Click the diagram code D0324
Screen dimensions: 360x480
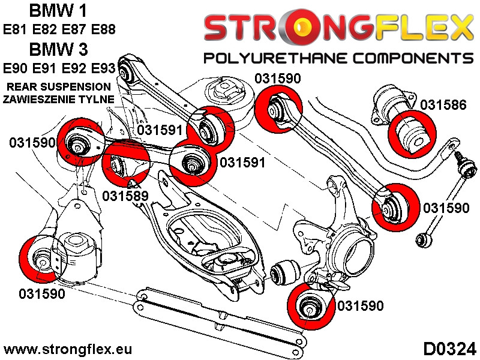pyautogui.click(x=449, y=349)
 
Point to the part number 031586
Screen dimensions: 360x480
pyautogui.click(x=443, y=105)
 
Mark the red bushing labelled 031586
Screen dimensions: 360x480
pyautogui.click(x=412, y=133)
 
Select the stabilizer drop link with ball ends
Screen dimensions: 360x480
pyautogui.click(x=441, y=192)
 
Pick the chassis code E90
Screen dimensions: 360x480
pyautogui.click(x=17, y=67)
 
